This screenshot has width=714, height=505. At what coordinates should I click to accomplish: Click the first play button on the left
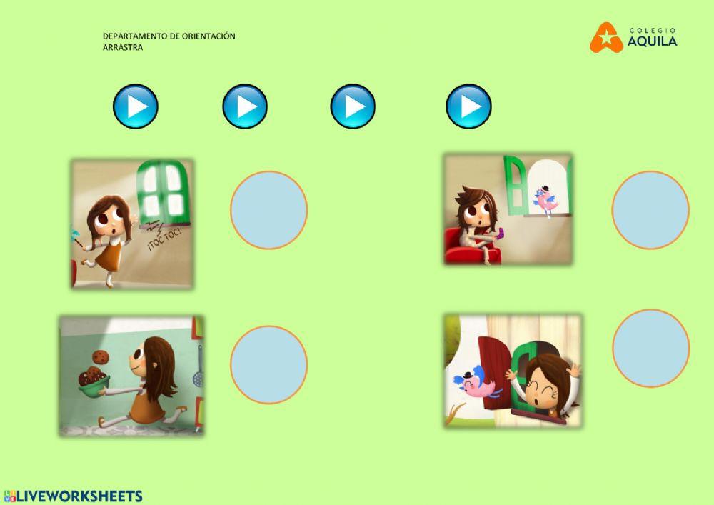[x=135, y=106]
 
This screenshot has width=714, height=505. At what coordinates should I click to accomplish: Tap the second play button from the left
[x=244, y=106]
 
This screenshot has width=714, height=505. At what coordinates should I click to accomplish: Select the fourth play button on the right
[x=468, y=106]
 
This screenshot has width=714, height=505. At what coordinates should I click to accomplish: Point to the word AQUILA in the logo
[x=653, y=42]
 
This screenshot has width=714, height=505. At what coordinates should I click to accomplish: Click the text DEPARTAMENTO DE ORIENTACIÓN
[x=169, y=36]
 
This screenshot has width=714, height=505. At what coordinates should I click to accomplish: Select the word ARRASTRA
[x=123, y=47]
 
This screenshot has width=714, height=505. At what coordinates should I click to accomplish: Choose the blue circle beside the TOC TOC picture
[x=268, y=210]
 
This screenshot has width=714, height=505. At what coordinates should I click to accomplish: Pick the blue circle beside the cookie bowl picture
[x=268, y=364]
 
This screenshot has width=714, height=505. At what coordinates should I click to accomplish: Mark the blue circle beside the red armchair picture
[x=650, y=210]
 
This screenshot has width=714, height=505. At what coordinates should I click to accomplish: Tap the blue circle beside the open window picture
[x=650, y=348]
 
